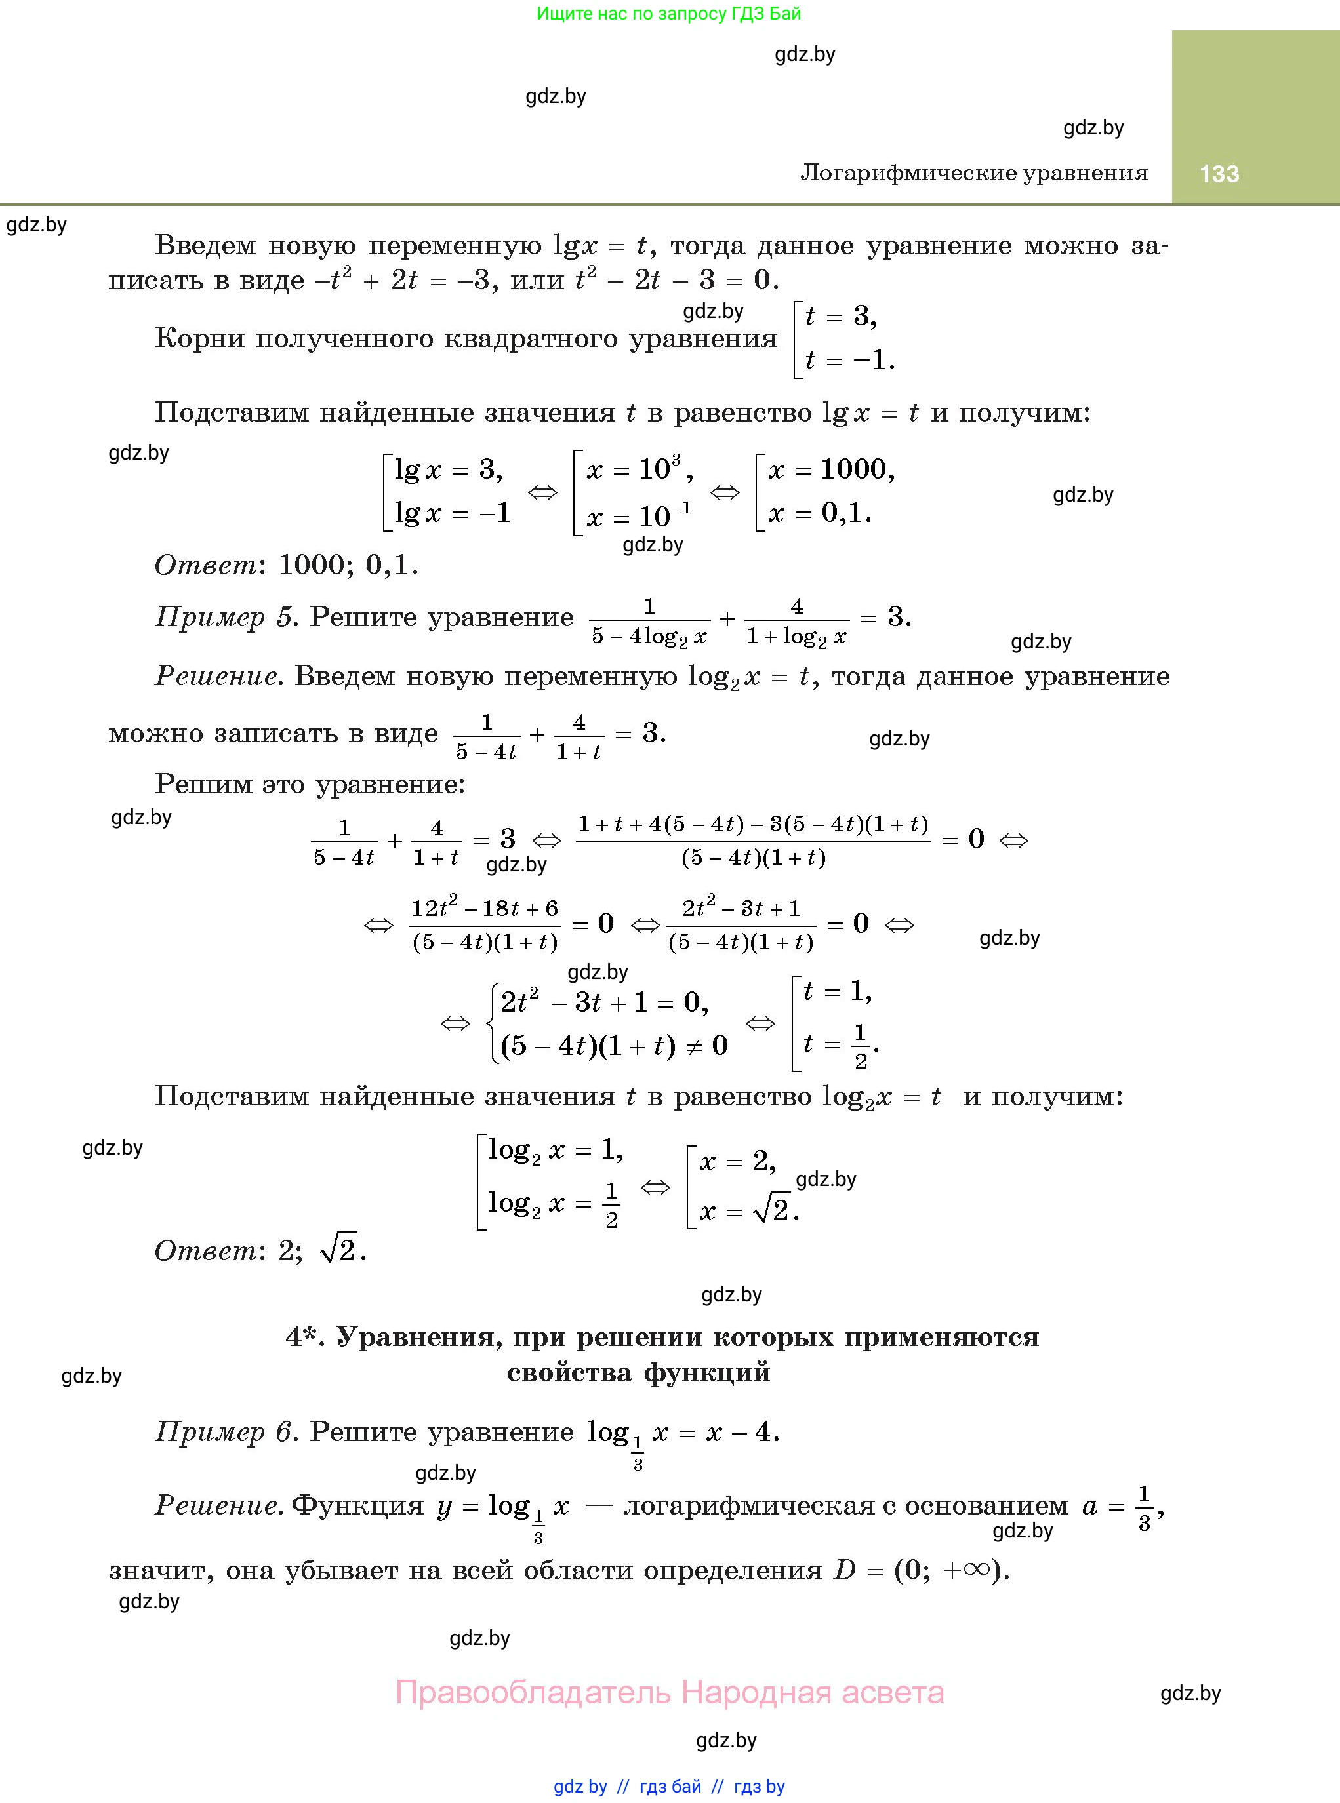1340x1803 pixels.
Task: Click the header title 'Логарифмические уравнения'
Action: [x=973, y=172]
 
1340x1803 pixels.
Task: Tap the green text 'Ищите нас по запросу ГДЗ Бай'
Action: [x=668, y=13]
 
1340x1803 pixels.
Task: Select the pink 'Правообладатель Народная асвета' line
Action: [x=669, y=1692]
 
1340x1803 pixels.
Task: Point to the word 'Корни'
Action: [x=199, y=338]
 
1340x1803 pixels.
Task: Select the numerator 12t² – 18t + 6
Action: [x=484, y=908]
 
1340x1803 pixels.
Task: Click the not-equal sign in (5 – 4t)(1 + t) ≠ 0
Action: [x=696, y=1046]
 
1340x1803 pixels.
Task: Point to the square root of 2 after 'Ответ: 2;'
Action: [x=340, y=1250]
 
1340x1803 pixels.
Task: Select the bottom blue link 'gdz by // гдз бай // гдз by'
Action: [x=669, y=1786]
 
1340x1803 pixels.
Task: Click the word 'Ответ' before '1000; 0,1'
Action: [x=206, y=565]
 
